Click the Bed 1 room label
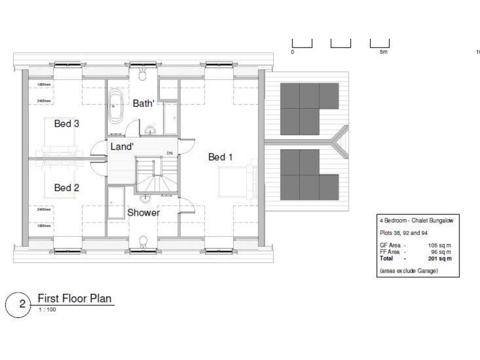[221, 157]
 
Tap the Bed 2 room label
[66, 187]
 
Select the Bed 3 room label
[66, 124]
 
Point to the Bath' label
[143, 104]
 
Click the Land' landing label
[121, 146]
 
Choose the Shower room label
[143, 212]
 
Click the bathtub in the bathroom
[117, 107]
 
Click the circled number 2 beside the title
[22, 304]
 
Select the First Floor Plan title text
[74, 298]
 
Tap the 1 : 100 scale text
[47, 309]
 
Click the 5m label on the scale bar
[383, 52]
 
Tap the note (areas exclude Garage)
[408, 271]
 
